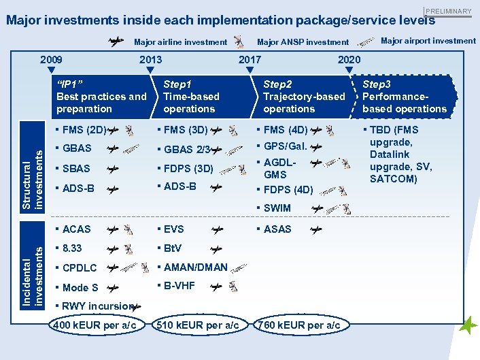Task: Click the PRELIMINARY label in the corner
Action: click(448, 11)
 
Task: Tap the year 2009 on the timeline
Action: click(51, 60)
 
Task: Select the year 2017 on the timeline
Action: click(250, 60)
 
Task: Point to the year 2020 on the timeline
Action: click(349, 60)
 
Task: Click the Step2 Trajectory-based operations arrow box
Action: click(304, 97)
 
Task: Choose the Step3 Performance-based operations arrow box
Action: click(405, 97)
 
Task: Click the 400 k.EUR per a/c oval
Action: click(95, 325)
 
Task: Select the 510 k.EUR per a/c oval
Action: click(197, 325)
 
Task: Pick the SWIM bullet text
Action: click(277, 208)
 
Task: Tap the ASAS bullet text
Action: click(277, 229)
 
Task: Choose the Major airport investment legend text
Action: click(428, 41)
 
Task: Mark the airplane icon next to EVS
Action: click(217, 230)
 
